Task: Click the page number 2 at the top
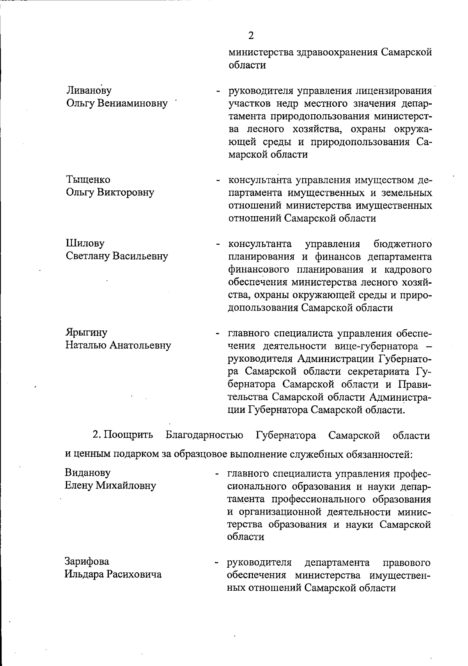[251, 36]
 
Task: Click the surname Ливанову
[89, 91]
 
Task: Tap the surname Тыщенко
[88, 179]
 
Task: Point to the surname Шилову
[85, 243]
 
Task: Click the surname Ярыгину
[87, 333]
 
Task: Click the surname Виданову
[88, 473]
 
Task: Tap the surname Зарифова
[87, 561]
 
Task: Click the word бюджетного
[402, 244]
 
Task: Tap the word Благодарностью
[205, 435]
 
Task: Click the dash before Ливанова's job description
[217, 92]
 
